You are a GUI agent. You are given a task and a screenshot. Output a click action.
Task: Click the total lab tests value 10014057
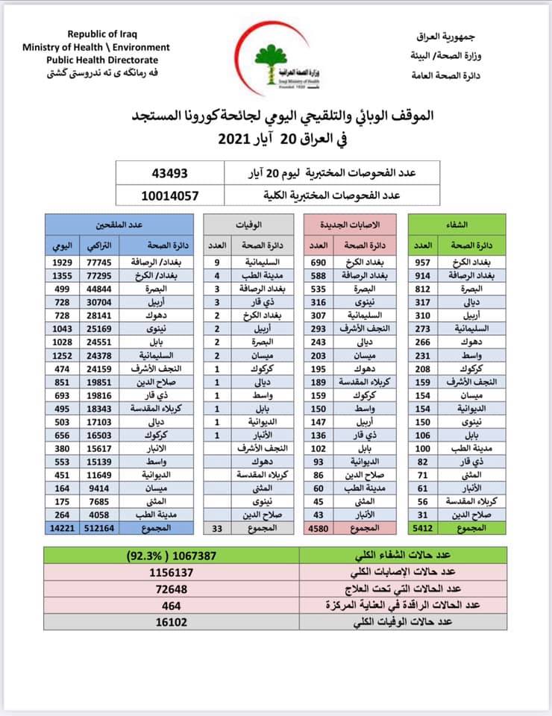coord(172,197)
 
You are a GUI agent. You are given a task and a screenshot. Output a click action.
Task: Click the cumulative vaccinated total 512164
coord(93,527)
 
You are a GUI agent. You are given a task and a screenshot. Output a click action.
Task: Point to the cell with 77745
coord(93,263)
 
